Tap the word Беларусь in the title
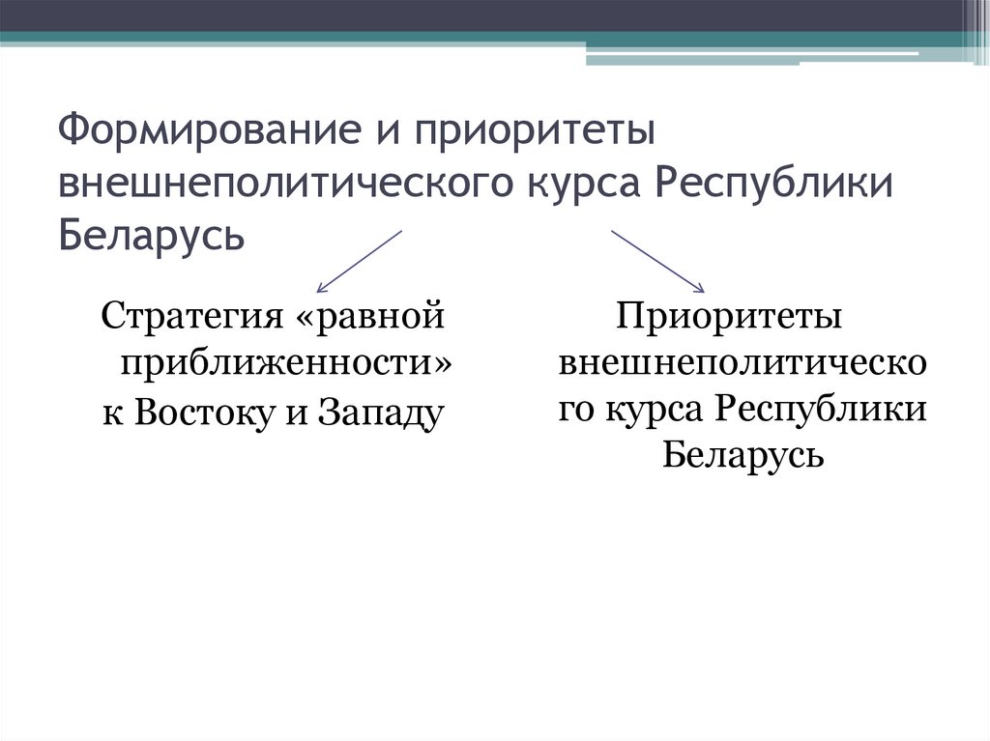click(x=151, y=233)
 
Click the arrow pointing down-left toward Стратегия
click(x=359, y=261)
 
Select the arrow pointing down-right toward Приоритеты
click(x=656, y=261)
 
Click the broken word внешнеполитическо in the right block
click(x=742, y=363)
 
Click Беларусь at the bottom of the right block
click(x=742, y=454)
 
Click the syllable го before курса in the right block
click(x=578, y=409)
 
